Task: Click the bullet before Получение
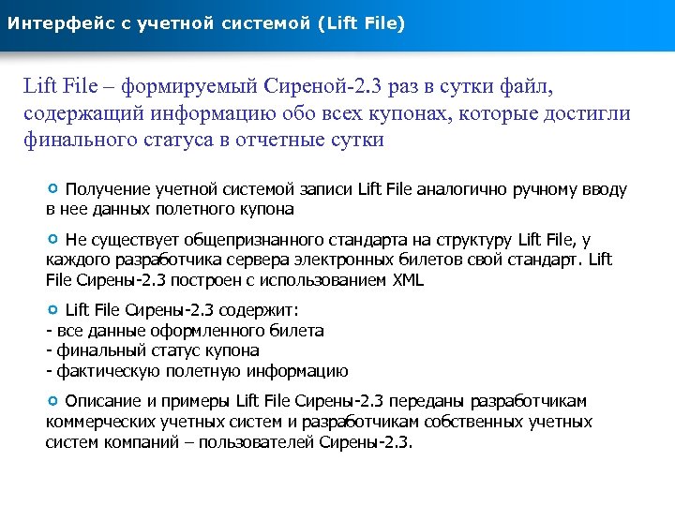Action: point(53,188)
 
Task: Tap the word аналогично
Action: point(459,189)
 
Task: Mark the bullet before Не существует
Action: point(53,239)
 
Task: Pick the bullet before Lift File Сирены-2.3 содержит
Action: point(53,309)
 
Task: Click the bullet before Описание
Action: point(53,400)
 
